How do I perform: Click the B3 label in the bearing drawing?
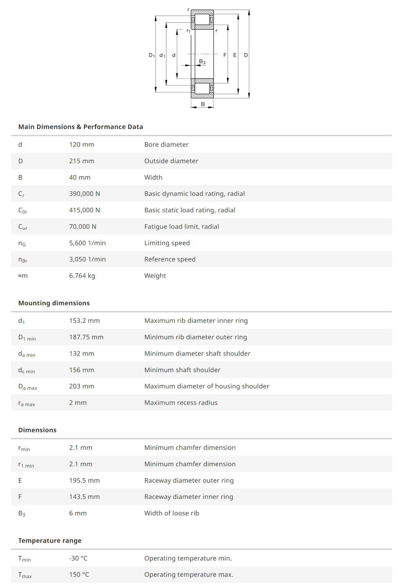202,62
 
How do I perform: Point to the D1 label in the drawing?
152,55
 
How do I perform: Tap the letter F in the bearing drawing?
225,55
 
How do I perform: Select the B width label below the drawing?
203,104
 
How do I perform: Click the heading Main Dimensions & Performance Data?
81,127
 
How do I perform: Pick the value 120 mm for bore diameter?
82,145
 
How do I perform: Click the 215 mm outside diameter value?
82,161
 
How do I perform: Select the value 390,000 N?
85,194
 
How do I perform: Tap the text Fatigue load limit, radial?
182,227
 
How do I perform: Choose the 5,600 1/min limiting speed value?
87,243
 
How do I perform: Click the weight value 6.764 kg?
82,276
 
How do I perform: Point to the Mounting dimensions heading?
54,303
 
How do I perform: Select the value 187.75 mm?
86,337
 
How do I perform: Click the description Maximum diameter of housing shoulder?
207,386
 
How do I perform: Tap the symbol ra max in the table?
27,403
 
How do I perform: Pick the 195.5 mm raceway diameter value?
84,480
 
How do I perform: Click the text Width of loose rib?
172,513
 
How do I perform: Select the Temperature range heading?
50,541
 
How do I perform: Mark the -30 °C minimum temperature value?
78,558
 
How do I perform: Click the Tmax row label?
25,575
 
